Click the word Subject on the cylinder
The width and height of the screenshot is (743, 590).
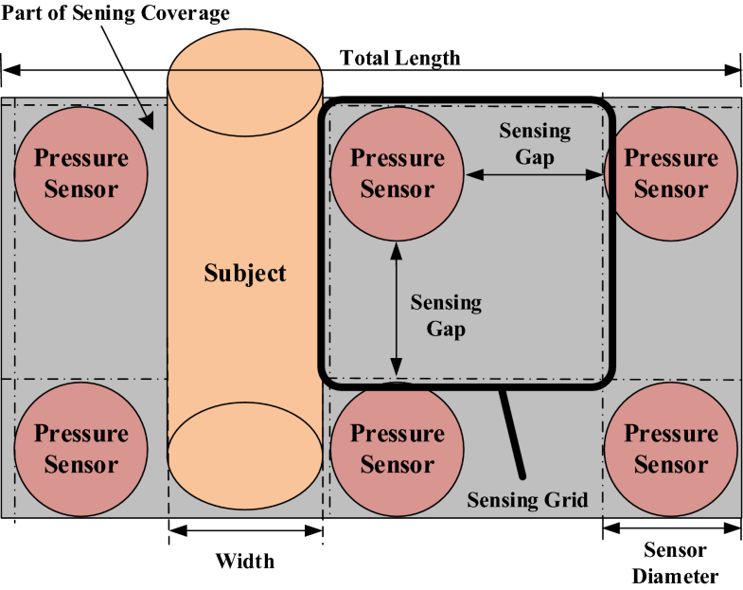[245, 274]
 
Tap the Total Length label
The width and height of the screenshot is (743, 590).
[399, 59]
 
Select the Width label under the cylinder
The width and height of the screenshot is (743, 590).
[244, 561]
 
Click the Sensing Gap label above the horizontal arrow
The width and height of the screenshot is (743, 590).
[535, 143]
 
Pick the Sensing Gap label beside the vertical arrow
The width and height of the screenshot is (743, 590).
[445, 317]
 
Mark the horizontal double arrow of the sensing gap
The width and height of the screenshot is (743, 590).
[534, 174]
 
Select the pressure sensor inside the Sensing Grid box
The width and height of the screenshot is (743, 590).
[397, 173]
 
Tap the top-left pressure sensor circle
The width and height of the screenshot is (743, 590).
[80, 173]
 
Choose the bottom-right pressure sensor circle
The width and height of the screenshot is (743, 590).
[671, 449]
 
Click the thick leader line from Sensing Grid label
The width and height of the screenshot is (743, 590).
[512, 431]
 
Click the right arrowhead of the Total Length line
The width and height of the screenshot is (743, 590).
[734, 70]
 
